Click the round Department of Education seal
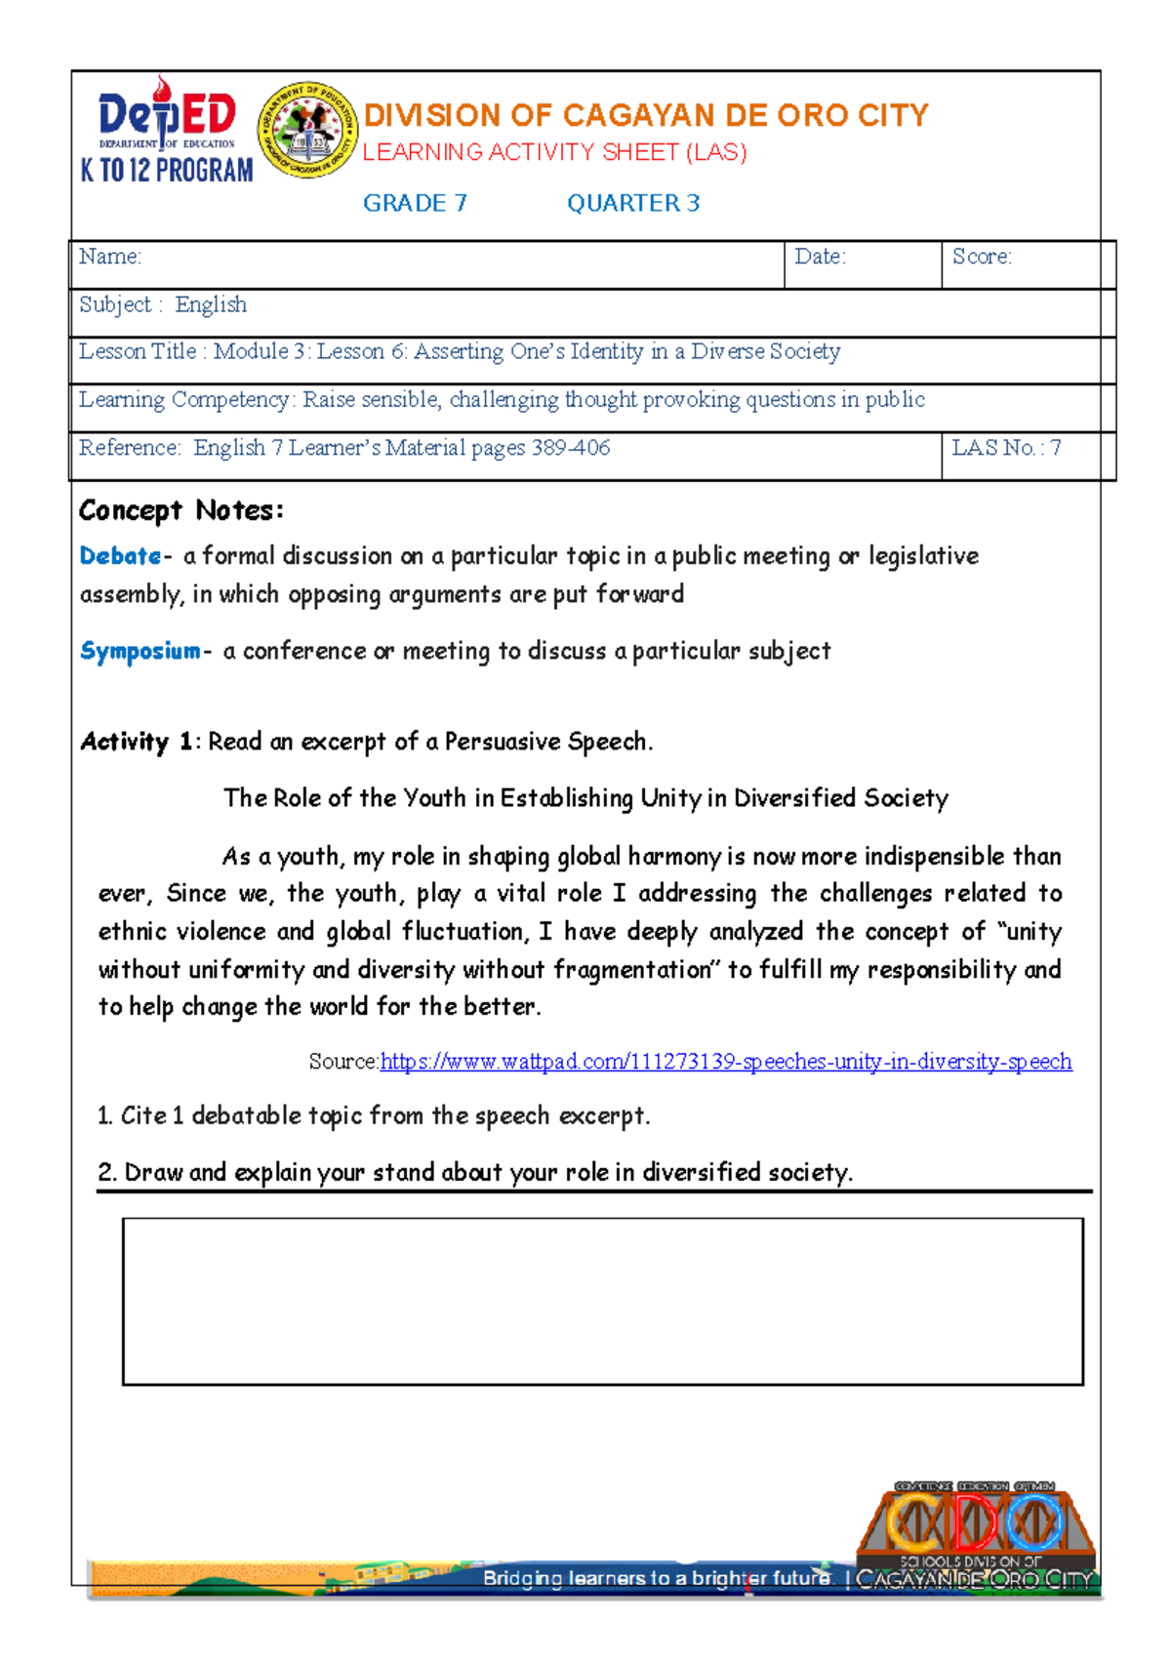pyautogui.click(x=307, y=131)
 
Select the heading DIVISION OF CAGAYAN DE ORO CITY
pyautogui.click(x=645, y=116)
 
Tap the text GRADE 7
pyautogui.click(x=415, y=203)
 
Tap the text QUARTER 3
pyautogui.click(x=633, y=203)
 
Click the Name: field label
pyautogui.click(x=110, y=257)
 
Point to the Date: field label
pyautogui.click(x=820, y=257)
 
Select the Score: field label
pyautogui.click(x=982, y=257)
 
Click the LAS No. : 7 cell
pyautogui.click(x=1006, y=448)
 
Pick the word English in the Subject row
pyautogui.click(x=211, y=304)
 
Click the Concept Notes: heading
pyautogui.click(x=182, y=510)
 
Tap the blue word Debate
pyautogui.click(x=120, y=556)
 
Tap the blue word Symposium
pyautogui.click(x=141, y=651)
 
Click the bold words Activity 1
pyautogui.click(x=137, y=742)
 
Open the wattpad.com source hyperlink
pyautogui.click(x=725, y=1062)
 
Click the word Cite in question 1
pyautogui.click(x=142, y=1115)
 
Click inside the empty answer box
pyautogui.click(x=602, y=1301)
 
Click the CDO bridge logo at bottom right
pyautogui.click(x=976, y=1532)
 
